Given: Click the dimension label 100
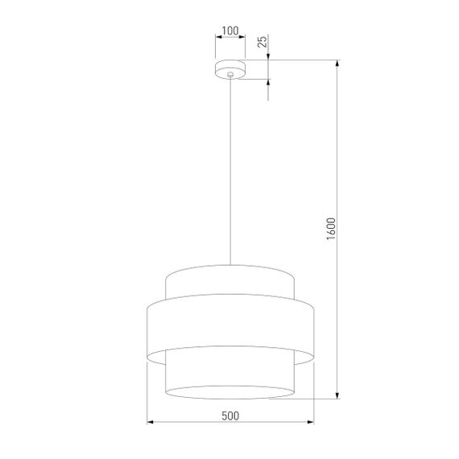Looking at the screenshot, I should [x=230, y=31].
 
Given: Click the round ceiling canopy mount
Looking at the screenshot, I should [x=230, y=69].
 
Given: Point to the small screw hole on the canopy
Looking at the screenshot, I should [x=230, y=74].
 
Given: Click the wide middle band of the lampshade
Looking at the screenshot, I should [x=230, y=326].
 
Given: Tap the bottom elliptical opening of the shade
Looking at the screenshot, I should [x=230, y=392].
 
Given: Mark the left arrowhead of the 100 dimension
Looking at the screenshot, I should [x=218, y=39].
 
